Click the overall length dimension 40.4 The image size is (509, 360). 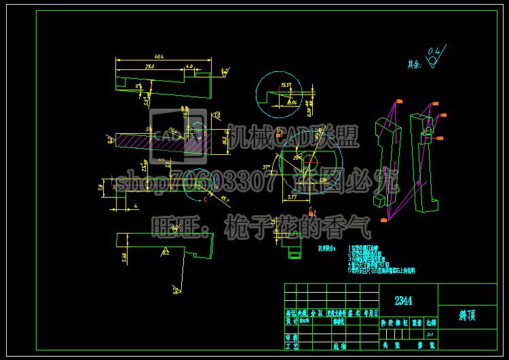point(159,56)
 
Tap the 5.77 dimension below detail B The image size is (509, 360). point(292,196)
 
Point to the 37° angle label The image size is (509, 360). point(267,166)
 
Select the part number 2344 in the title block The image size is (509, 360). point(404,300)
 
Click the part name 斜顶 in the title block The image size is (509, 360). point(467,315)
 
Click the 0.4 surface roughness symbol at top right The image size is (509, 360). point(435,52)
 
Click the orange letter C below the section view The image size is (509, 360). point(309,211)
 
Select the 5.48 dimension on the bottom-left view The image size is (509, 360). point(124,257)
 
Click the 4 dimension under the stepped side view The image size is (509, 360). point(136,204)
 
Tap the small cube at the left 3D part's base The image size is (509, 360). point(377,201)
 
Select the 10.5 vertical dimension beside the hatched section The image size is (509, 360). point(225,139)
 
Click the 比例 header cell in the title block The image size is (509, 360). point(429,324)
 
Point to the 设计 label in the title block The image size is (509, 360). point(291,324)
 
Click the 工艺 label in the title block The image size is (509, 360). point(291,346)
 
